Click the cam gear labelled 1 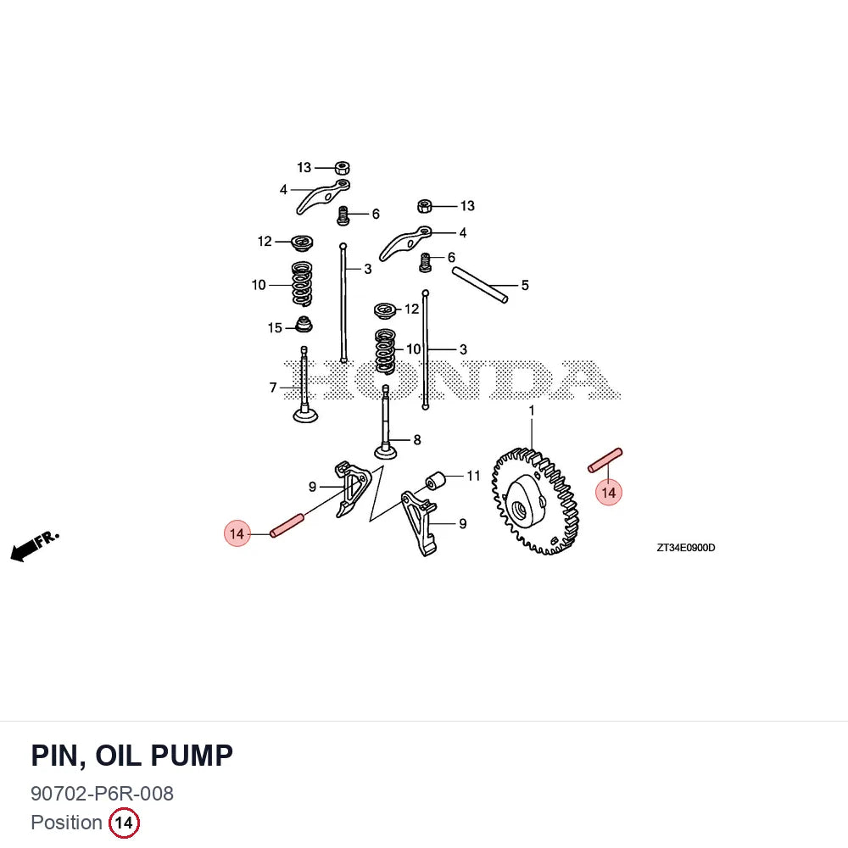point(535,501)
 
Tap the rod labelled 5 point(480,285)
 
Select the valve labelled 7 point(305,385)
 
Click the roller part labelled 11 point(435,480)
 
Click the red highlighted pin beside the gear point(605,460)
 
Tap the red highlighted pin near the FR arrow point(287,526)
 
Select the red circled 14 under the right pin point(608,493)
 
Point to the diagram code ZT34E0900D point(686,547)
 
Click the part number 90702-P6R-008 point(103,794)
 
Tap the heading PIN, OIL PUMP point(132,756)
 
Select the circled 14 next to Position point(124,823)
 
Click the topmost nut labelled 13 point(342,168)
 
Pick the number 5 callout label point(525,285)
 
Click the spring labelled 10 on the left point(302,283)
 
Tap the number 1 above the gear point(532,410)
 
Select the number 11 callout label point(473,476)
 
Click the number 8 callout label point(417,439)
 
